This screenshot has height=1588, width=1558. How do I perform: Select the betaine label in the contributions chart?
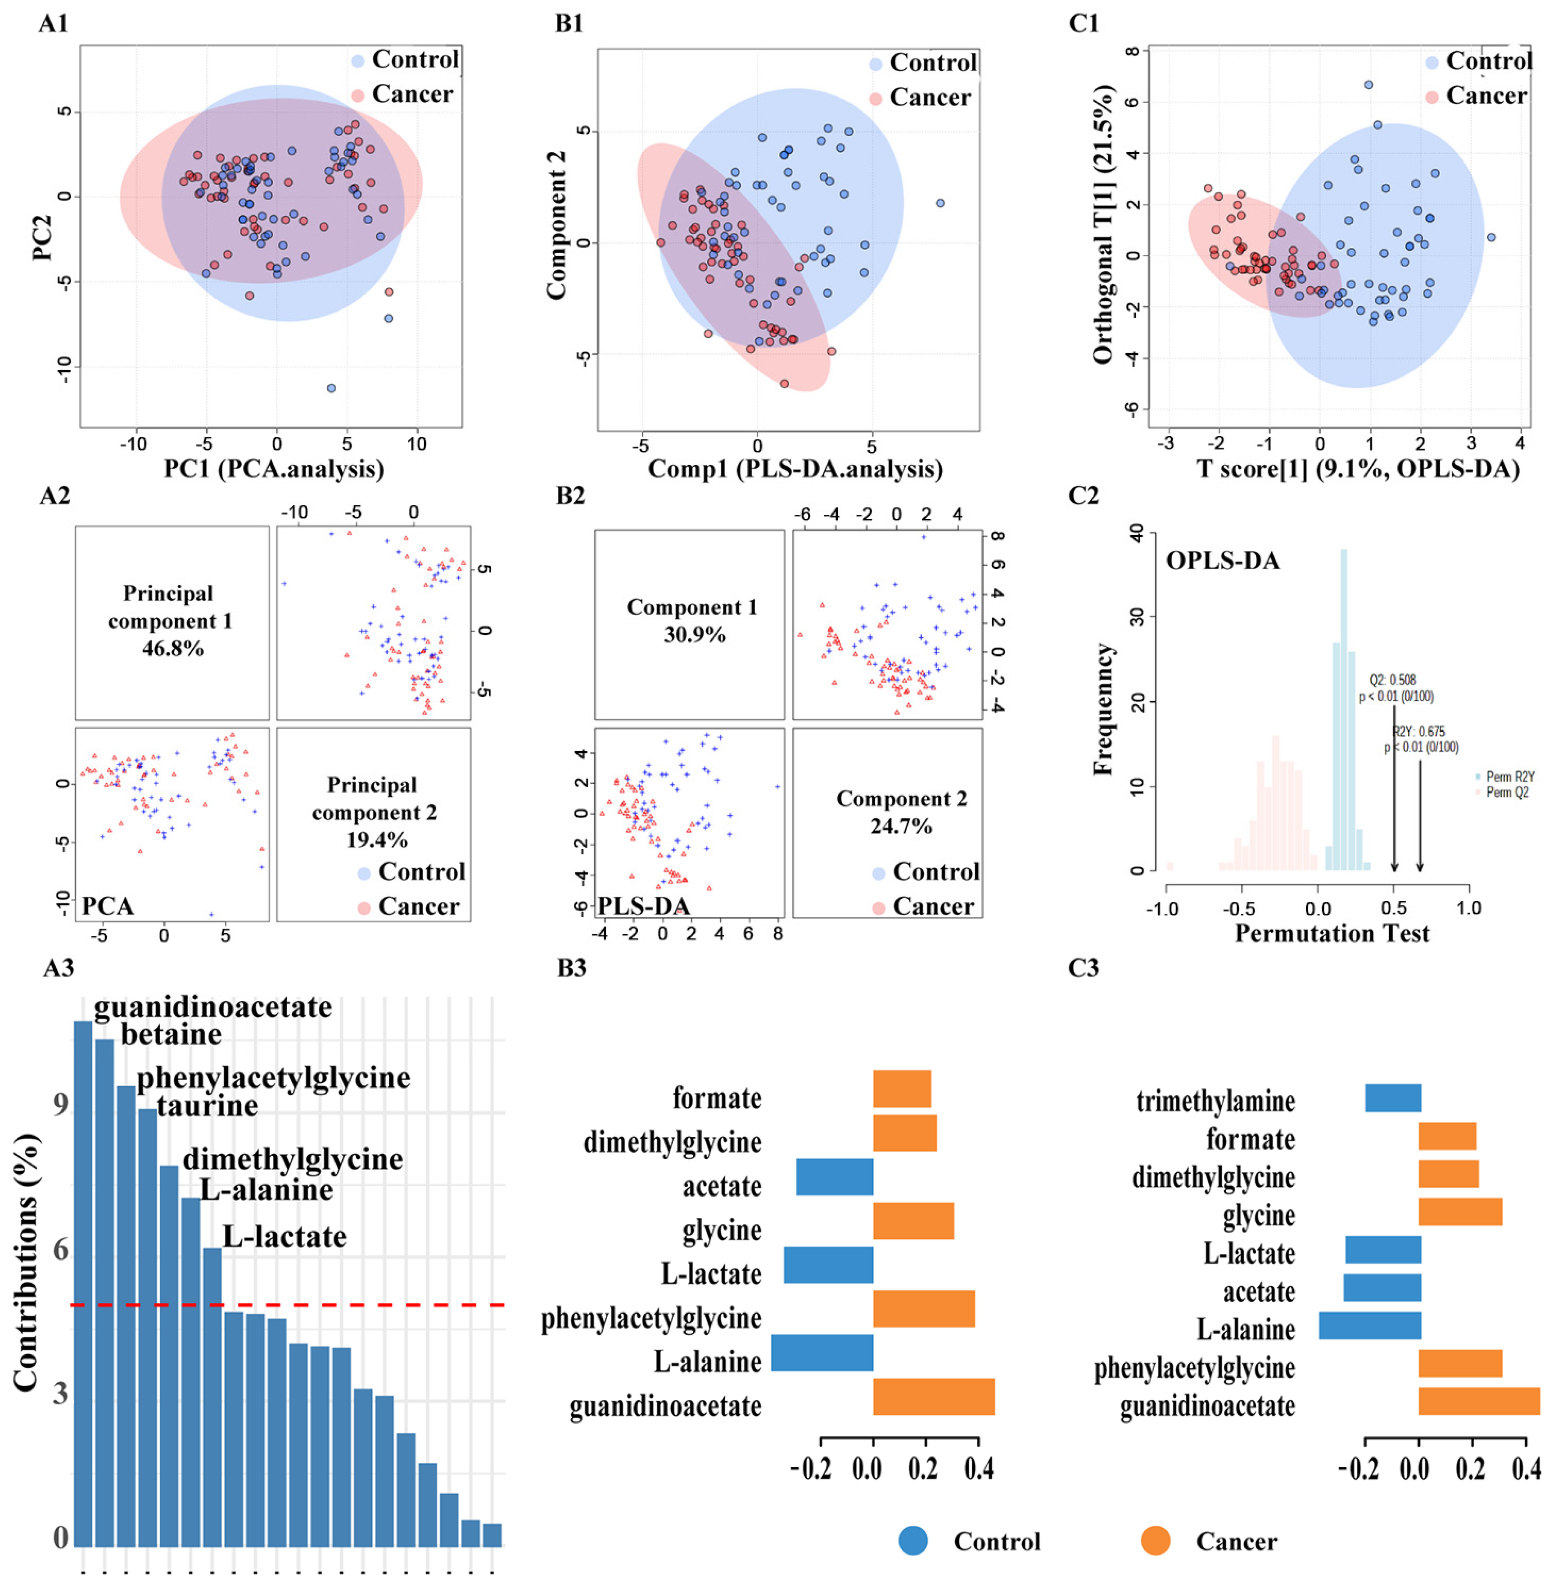tap(171, 1034)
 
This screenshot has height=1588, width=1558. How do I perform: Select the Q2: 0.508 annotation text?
tap(1393, 680)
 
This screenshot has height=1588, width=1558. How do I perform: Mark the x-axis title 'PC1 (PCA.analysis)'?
tap(274, 469)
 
